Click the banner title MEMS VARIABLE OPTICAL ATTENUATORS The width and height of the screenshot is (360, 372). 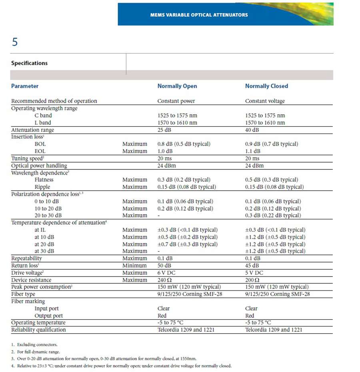point(199,15)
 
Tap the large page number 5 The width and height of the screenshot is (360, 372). point(15,42)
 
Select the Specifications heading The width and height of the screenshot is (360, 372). point(29,63)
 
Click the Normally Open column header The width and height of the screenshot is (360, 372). point(177,86)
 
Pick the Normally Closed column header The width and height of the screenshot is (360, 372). point(266,86)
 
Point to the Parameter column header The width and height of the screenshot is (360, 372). point(25,86)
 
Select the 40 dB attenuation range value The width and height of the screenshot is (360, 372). point(252,130)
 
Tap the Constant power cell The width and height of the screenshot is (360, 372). point(176,101)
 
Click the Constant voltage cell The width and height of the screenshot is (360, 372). point(265,101)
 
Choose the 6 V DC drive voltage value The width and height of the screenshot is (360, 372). point(167,273)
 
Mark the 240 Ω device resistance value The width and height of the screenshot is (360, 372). point(164,280)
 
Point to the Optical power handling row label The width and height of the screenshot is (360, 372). point(39,165)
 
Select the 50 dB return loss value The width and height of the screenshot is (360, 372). point(164,266)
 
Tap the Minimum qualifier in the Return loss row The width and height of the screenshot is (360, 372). point(134,266)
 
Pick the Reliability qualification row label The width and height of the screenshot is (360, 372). point(38,330)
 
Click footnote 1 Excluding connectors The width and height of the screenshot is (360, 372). point(33,344)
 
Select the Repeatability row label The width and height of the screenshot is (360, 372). point(26,259)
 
